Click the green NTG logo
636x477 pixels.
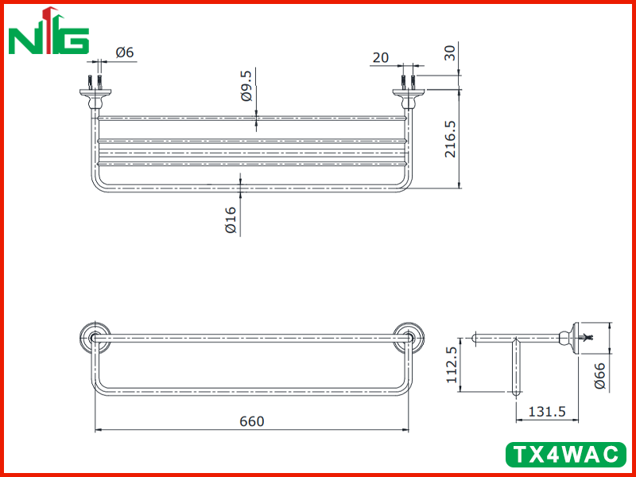(48, 31)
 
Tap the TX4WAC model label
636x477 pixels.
(566, 454)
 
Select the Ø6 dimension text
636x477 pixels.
(125, 52)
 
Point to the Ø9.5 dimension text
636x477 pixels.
(246, 86)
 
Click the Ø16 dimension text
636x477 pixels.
(230, 220)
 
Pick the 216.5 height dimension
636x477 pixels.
(450, 138)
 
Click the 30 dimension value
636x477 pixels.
(450, 52)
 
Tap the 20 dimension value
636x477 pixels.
(380, 57)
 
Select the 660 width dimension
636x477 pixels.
(251, 421)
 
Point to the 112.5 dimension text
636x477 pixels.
(452, 365)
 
